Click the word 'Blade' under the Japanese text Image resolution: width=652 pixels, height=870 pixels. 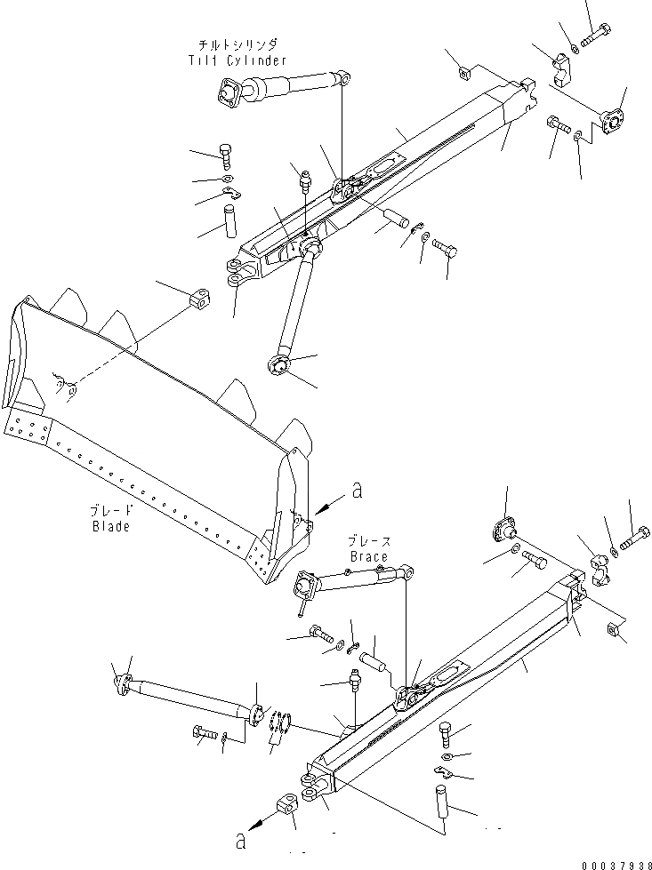coord(110,526)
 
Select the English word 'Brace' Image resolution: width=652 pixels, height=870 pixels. coord(368,557)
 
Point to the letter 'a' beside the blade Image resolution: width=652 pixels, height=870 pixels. coord(357,490)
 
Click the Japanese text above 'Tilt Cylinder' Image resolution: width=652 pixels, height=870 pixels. coord(237,44)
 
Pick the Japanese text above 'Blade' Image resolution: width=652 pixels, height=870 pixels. coord(110,511)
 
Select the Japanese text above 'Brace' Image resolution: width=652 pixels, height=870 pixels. coord(368,541)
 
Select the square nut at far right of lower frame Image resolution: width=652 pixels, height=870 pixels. coord(612,630)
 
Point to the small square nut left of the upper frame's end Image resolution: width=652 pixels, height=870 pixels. coord(463,71)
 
